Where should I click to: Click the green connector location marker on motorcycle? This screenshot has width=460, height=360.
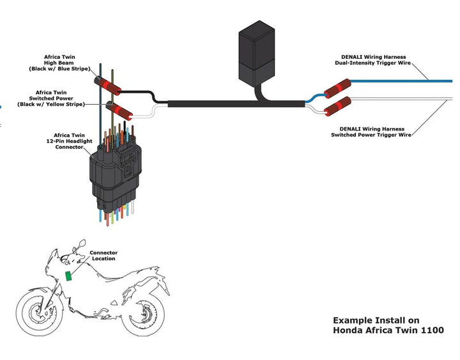click(68, 276)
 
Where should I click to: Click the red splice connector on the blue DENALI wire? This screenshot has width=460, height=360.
click(337, 88)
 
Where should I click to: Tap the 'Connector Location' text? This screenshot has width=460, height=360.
click(103, 255)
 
